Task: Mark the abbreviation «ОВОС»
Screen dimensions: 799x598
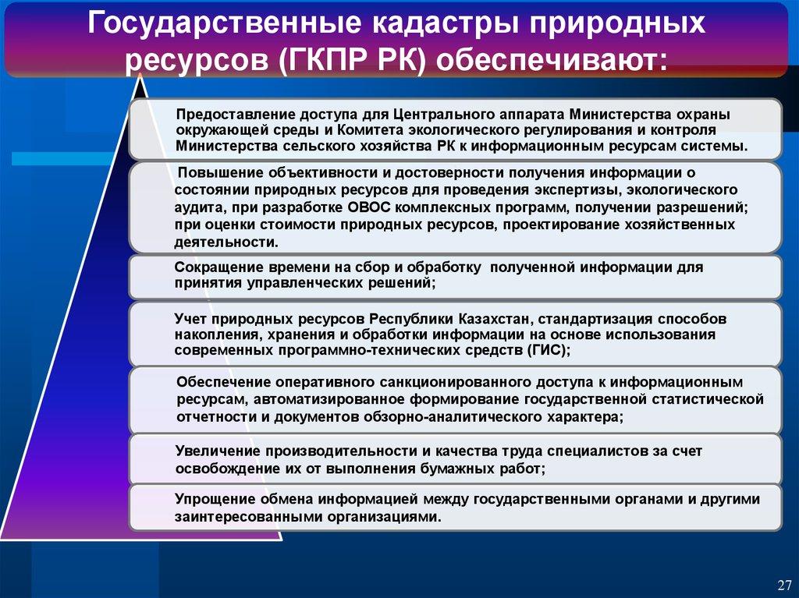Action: coord(369,207)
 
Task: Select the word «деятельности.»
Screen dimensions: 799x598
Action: coord(226,242)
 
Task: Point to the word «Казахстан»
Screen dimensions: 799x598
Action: coord(495,320)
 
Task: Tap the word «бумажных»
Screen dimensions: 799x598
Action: coord(456,468)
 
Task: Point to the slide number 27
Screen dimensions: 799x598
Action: coord(785,584)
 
